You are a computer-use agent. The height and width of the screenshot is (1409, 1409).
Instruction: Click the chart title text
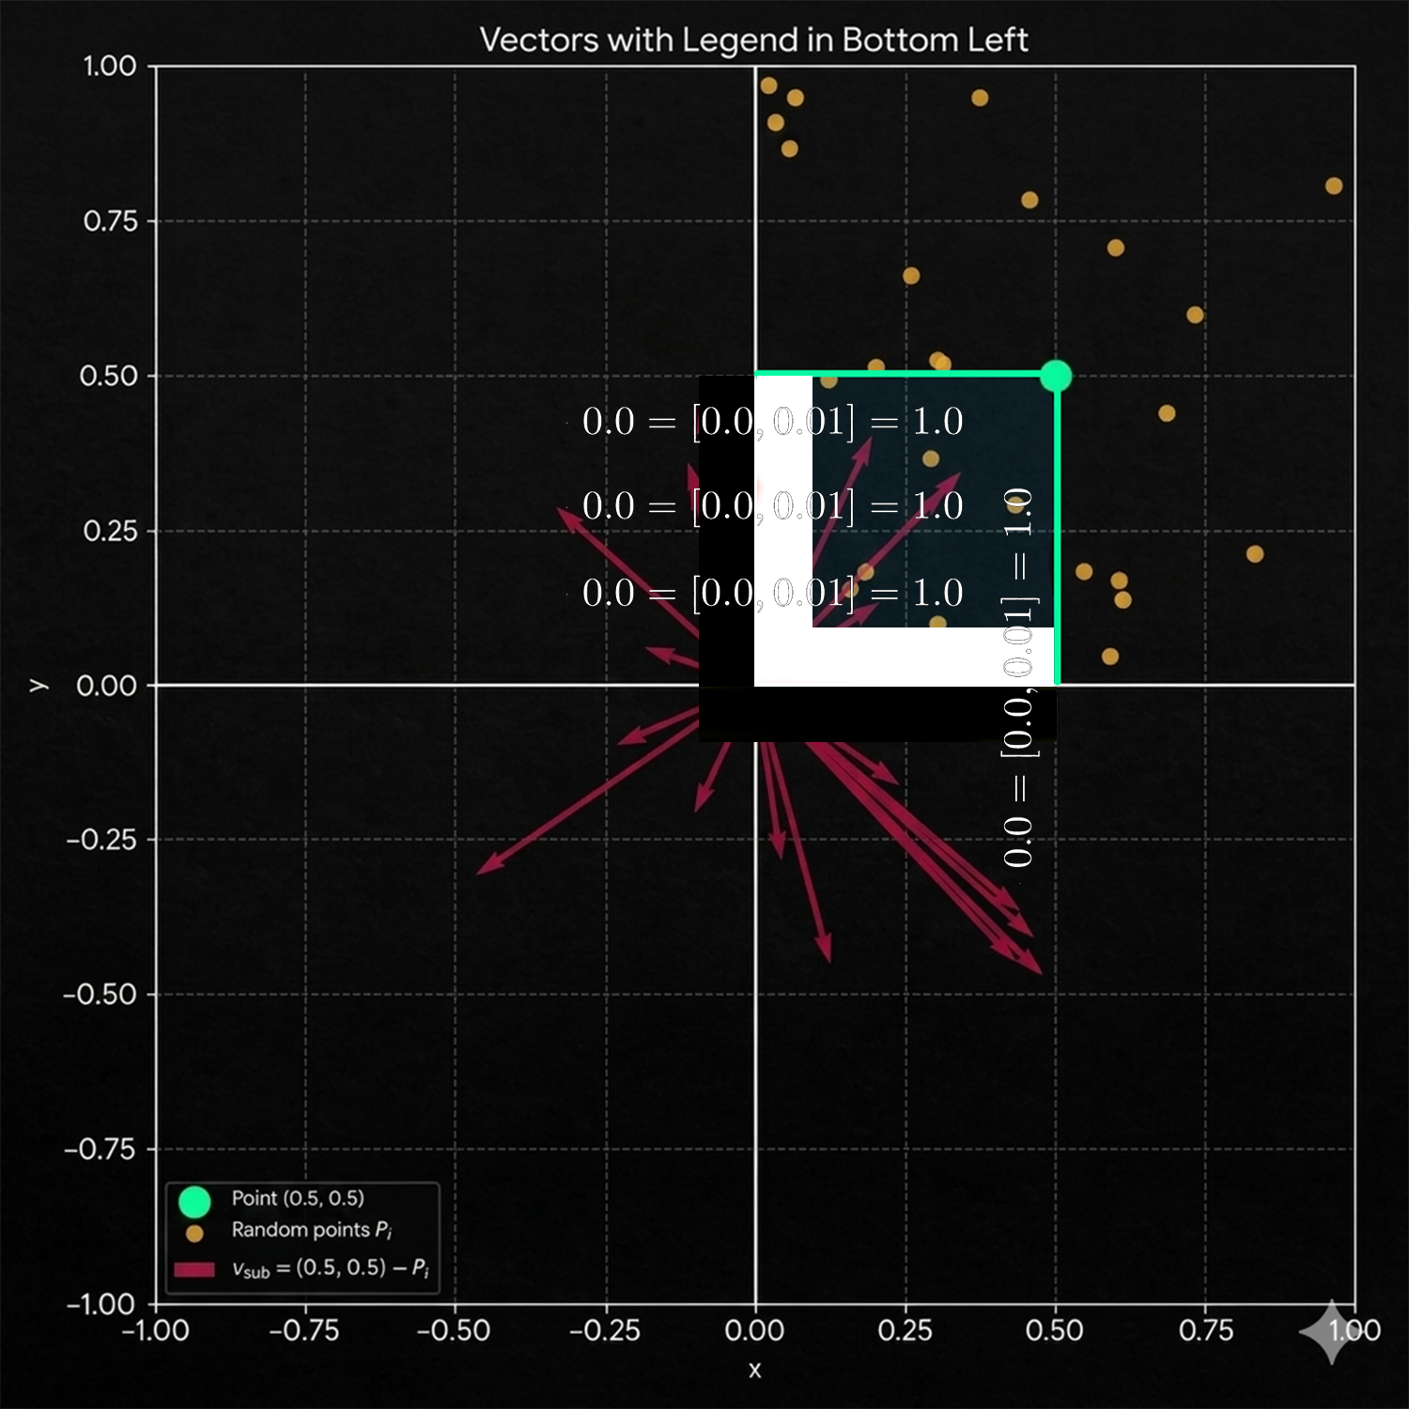point(753,40)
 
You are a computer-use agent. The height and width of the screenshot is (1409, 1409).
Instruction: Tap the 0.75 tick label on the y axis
point(110,222)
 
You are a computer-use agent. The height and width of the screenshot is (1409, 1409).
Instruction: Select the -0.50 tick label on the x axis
point(454,1330)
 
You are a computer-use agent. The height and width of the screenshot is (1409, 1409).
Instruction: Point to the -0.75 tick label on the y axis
point(101,1149)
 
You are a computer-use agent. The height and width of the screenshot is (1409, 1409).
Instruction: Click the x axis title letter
point(754,1370)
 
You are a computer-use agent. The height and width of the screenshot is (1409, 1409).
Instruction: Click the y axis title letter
point(38,685)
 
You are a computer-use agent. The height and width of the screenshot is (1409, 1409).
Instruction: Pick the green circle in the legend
point(194,1201)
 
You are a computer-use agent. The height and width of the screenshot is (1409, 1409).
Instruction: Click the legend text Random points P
point(311,1230)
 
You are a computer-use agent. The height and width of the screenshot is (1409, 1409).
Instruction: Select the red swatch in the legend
point(194,1270)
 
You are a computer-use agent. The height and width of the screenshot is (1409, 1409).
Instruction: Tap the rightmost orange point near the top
point(1334,186)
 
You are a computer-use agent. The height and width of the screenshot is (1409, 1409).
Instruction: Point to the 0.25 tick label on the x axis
point(905,1330)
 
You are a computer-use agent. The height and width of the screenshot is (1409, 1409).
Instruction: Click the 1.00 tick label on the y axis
point(110,67)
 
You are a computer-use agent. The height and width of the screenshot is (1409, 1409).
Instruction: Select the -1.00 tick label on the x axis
point(156,1330)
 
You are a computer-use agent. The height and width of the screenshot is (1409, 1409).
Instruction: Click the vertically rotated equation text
point(1018,676)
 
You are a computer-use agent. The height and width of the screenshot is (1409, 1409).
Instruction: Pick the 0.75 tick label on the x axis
point(1205,1330)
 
